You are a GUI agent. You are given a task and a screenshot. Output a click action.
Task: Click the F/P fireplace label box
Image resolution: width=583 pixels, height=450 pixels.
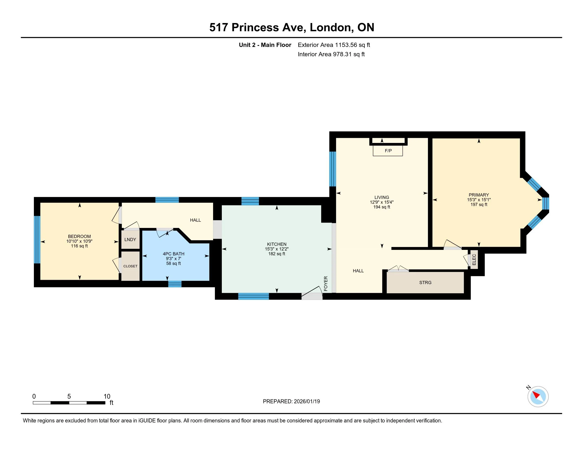388,151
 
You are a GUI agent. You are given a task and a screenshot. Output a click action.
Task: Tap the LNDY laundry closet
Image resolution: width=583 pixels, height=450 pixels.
130,239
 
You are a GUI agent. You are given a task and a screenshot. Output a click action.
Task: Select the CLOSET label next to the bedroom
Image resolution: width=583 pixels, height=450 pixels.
130,266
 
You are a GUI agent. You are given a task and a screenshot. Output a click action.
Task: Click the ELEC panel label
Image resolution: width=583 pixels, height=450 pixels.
474,259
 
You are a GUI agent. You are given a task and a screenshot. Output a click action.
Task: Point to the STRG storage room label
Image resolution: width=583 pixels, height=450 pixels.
425,282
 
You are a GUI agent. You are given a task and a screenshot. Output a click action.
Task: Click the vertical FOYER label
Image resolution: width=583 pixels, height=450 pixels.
326,283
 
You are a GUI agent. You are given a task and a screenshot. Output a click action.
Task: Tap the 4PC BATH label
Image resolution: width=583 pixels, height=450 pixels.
174,254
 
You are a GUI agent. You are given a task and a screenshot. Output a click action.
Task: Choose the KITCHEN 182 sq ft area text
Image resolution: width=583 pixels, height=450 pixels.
277,254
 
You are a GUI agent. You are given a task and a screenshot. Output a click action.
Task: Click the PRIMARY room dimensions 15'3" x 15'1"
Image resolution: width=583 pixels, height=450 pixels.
479,200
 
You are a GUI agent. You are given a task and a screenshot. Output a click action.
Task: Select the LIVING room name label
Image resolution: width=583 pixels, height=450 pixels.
382,197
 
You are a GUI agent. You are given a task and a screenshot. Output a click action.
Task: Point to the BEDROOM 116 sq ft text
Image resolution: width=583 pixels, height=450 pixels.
79,246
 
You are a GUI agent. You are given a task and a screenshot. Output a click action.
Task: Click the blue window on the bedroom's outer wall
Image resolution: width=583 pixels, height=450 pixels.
37,239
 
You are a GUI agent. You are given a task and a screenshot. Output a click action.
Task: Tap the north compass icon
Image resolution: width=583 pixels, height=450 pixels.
538,397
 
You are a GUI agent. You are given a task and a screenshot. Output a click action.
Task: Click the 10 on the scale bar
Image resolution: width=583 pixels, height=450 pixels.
107,397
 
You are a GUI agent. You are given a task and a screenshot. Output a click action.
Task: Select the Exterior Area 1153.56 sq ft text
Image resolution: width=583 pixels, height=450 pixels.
334,45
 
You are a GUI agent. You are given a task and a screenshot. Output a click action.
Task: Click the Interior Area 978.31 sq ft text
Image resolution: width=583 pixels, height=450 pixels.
331,54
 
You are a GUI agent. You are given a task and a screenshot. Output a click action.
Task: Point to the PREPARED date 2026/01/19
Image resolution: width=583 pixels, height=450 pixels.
306,402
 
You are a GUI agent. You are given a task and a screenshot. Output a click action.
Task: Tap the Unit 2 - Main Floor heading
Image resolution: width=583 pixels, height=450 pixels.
265,45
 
